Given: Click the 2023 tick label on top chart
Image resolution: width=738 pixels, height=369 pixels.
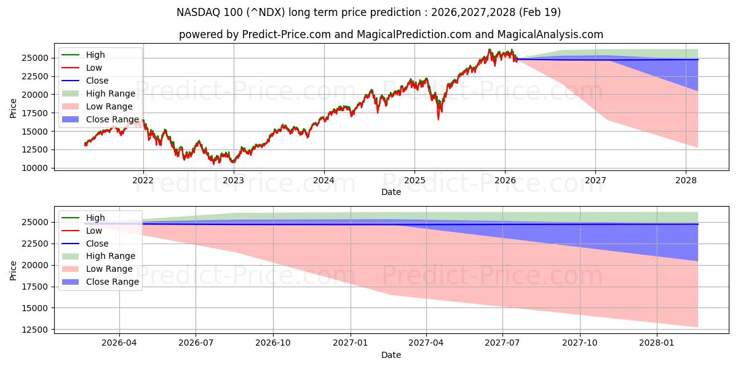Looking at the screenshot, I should (x=233, y=180).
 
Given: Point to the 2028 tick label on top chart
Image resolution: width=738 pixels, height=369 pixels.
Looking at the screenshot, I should (x=686, y=180).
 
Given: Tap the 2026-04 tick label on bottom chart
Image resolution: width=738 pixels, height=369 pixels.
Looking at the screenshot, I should (x=119, y=343).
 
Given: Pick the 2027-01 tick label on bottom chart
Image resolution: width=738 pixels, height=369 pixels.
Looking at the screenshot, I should (x=351, y=343).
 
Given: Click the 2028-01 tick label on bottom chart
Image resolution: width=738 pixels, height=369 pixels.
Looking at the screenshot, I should (x=657, y=343).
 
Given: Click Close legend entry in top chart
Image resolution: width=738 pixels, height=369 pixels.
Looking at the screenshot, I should (x=97, y=81).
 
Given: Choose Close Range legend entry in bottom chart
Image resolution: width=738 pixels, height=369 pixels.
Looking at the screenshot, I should (x=113, y=282).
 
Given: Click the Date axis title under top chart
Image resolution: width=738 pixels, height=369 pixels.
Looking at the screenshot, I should (x=391, y=192).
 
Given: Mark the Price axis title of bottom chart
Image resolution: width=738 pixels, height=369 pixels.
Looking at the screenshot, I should (x=14, y=270).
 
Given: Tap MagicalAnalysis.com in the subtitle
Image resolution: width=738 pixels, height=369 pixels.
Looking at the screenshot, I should (x=552, y=34).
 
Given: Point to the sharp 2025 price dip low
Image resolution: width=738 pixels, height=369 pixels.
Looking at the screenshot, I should (x=438, y=119).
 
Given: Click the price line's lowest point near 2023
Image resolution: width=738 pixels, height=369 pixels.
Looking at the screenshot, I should (x=213, y=164).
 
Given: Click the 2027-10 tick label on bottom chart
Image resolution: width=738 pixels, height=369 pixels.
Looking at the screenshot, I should (x=580, y=343).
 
